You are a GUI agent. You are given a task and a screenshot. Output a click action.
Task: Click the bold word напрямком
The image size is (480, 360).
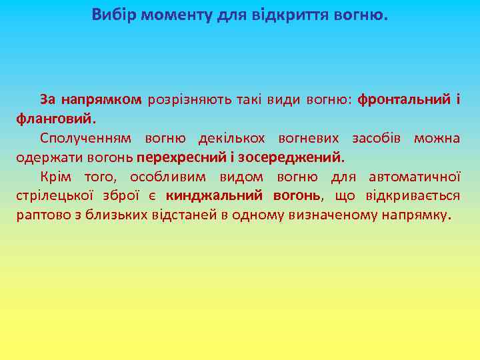pos(101,100)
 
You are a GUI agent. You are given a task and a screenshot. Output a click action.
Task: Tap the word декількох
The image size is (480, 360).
pos(231,139)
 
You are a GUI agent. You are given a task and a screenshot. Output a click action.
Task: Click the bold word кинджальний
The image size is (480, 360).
pos(213,197)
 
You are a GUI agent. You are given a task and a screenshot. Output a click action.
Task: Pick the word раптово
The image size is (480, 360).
pos(41,216)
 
